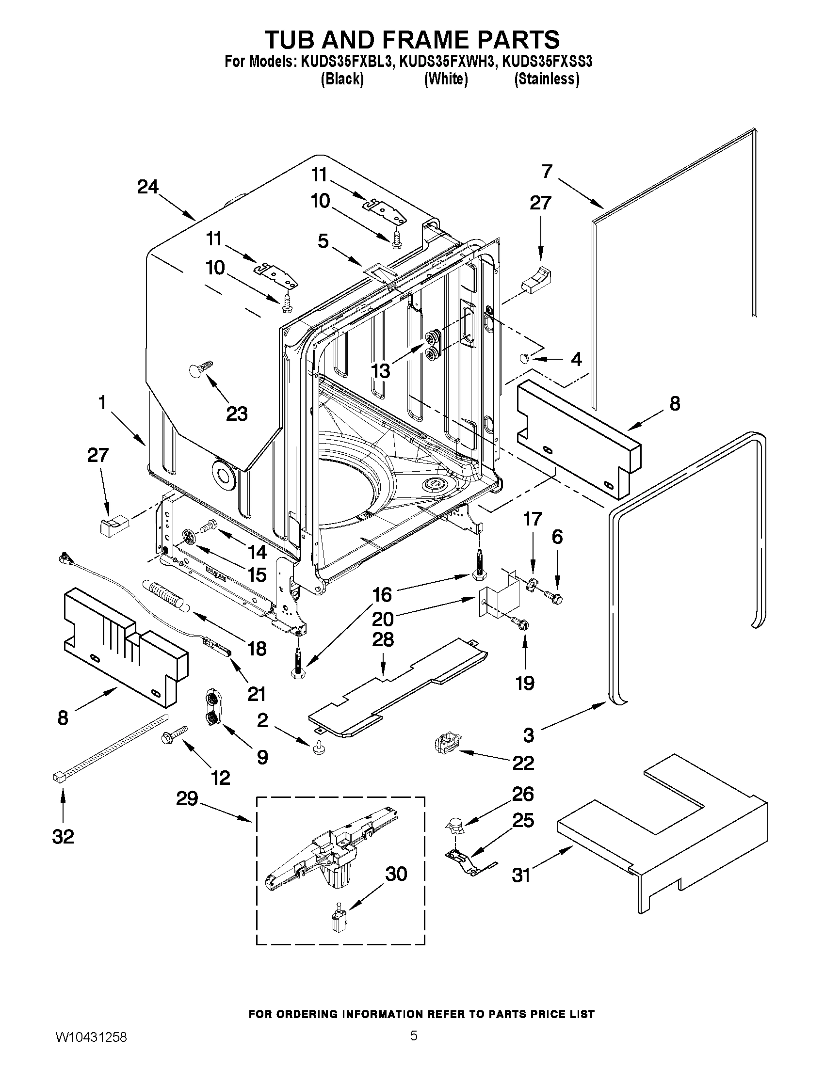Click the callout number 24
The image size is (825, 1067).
pyautogui.click(x=147, y=187)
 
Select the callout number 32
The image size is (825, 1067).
pyautogui.click(x=63, y=836)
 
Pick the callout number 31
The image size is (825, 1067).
pyautogui.click(x=521, y=875)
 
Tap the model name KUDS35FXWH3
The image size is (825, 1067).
pyautogui.click(x=445, y=62)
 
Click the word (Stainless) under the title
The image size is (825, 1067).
pyautogui.click(x=547, y=79)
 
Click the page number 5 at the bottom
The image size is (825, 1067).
pyautogui.click(x=414, y=1049)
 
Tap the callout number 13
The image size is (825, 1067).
pyautogui.click(x=381, y=371)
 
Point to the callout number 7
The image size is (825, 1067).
pyautogui.click(x=547, y=172)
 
